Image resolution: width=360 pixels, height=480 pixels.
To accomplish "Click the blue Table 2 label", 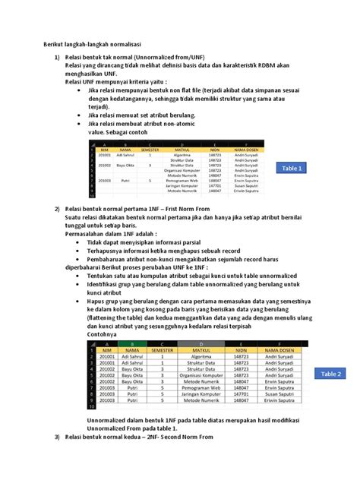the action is pyautogui.click(x=332, y=374).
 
